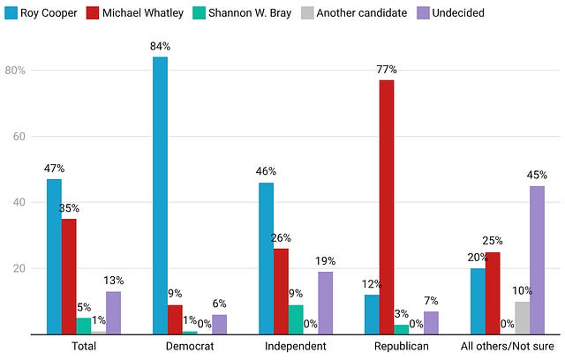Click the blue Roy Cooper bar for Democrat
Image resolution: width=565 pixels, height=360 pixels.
[160, 196]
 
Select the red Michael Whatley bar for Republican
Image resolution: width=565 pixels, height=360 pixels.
[387, 207]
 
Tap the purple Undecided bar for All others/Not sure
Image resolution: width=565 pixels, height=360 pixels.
[537, 260]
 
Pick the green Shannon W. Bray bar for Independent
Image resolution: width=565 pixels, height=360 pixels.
[296, 319]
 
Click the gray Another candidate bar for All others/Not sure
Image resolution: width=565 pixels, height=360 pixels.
[522, 318]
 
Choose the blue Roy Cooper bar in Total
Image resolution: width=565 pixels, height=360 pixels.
[54, 257]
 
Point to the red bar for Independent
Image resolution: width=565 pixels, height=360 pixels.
[281, 291]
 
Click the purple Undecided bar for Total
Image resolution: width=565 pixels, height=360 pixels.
[113, 313]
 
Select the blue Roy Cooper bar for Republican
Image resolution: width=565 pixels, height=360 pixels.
[372, 315]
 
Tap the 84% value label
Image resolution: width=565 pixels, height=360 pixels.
[160, 47]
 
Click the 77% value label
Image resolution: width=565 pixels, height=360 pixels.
[387, 70]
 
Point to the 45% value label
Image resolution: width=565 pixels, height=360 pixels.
[537, 176]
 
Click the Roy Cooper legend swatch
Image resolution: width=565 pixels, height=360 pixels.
[11, 13]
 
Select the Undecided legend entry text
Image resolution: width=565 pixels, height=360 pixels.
[458, 13]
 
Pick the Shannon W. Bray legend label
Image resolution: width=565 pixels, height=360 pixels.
[250, 13]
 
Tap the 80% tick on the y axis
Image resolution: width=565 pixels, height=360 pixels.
[15, 71]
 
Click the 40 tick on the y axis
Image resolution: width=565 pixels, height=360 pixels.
[19, 202]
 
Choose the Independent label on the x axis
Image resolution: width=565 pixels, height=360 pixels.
[296, 346]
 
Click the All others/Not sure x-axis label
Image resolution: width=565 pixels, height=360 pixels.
[508, 346]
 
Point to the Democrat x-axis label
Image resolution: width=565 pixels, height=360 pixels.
[190, 346]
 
